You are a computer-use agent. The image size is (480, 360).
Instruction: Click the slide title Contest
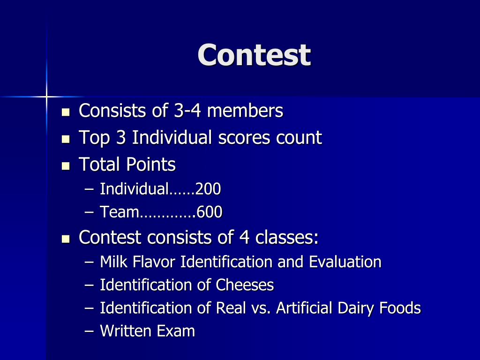[254, 55]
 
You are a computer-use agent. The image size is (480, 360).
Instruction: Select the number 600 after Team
[210, 213]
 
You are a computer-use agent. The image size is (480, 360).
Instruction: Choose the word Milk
[114, 262]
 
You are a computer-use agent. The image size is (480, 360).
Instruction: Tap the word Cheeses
[245, 285]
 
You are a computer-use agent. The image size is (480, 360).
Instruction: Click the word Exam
[176, 331]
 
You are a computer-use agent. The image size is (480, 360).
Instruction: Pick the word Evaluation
[345, 262]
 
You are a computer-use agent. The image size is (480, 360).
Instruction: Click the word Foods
[400, 308]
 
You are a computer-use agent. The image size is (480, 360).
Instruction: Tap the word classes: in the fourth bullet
[287, 237]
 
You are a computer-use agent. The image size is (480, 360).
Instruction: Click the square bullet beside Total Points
[66, 165]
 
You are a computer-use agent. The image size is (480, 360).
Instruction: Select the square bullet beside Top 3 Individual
[66, 139]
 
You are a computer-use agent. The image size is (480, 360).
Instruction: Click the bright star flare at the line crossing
[46, 97]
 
